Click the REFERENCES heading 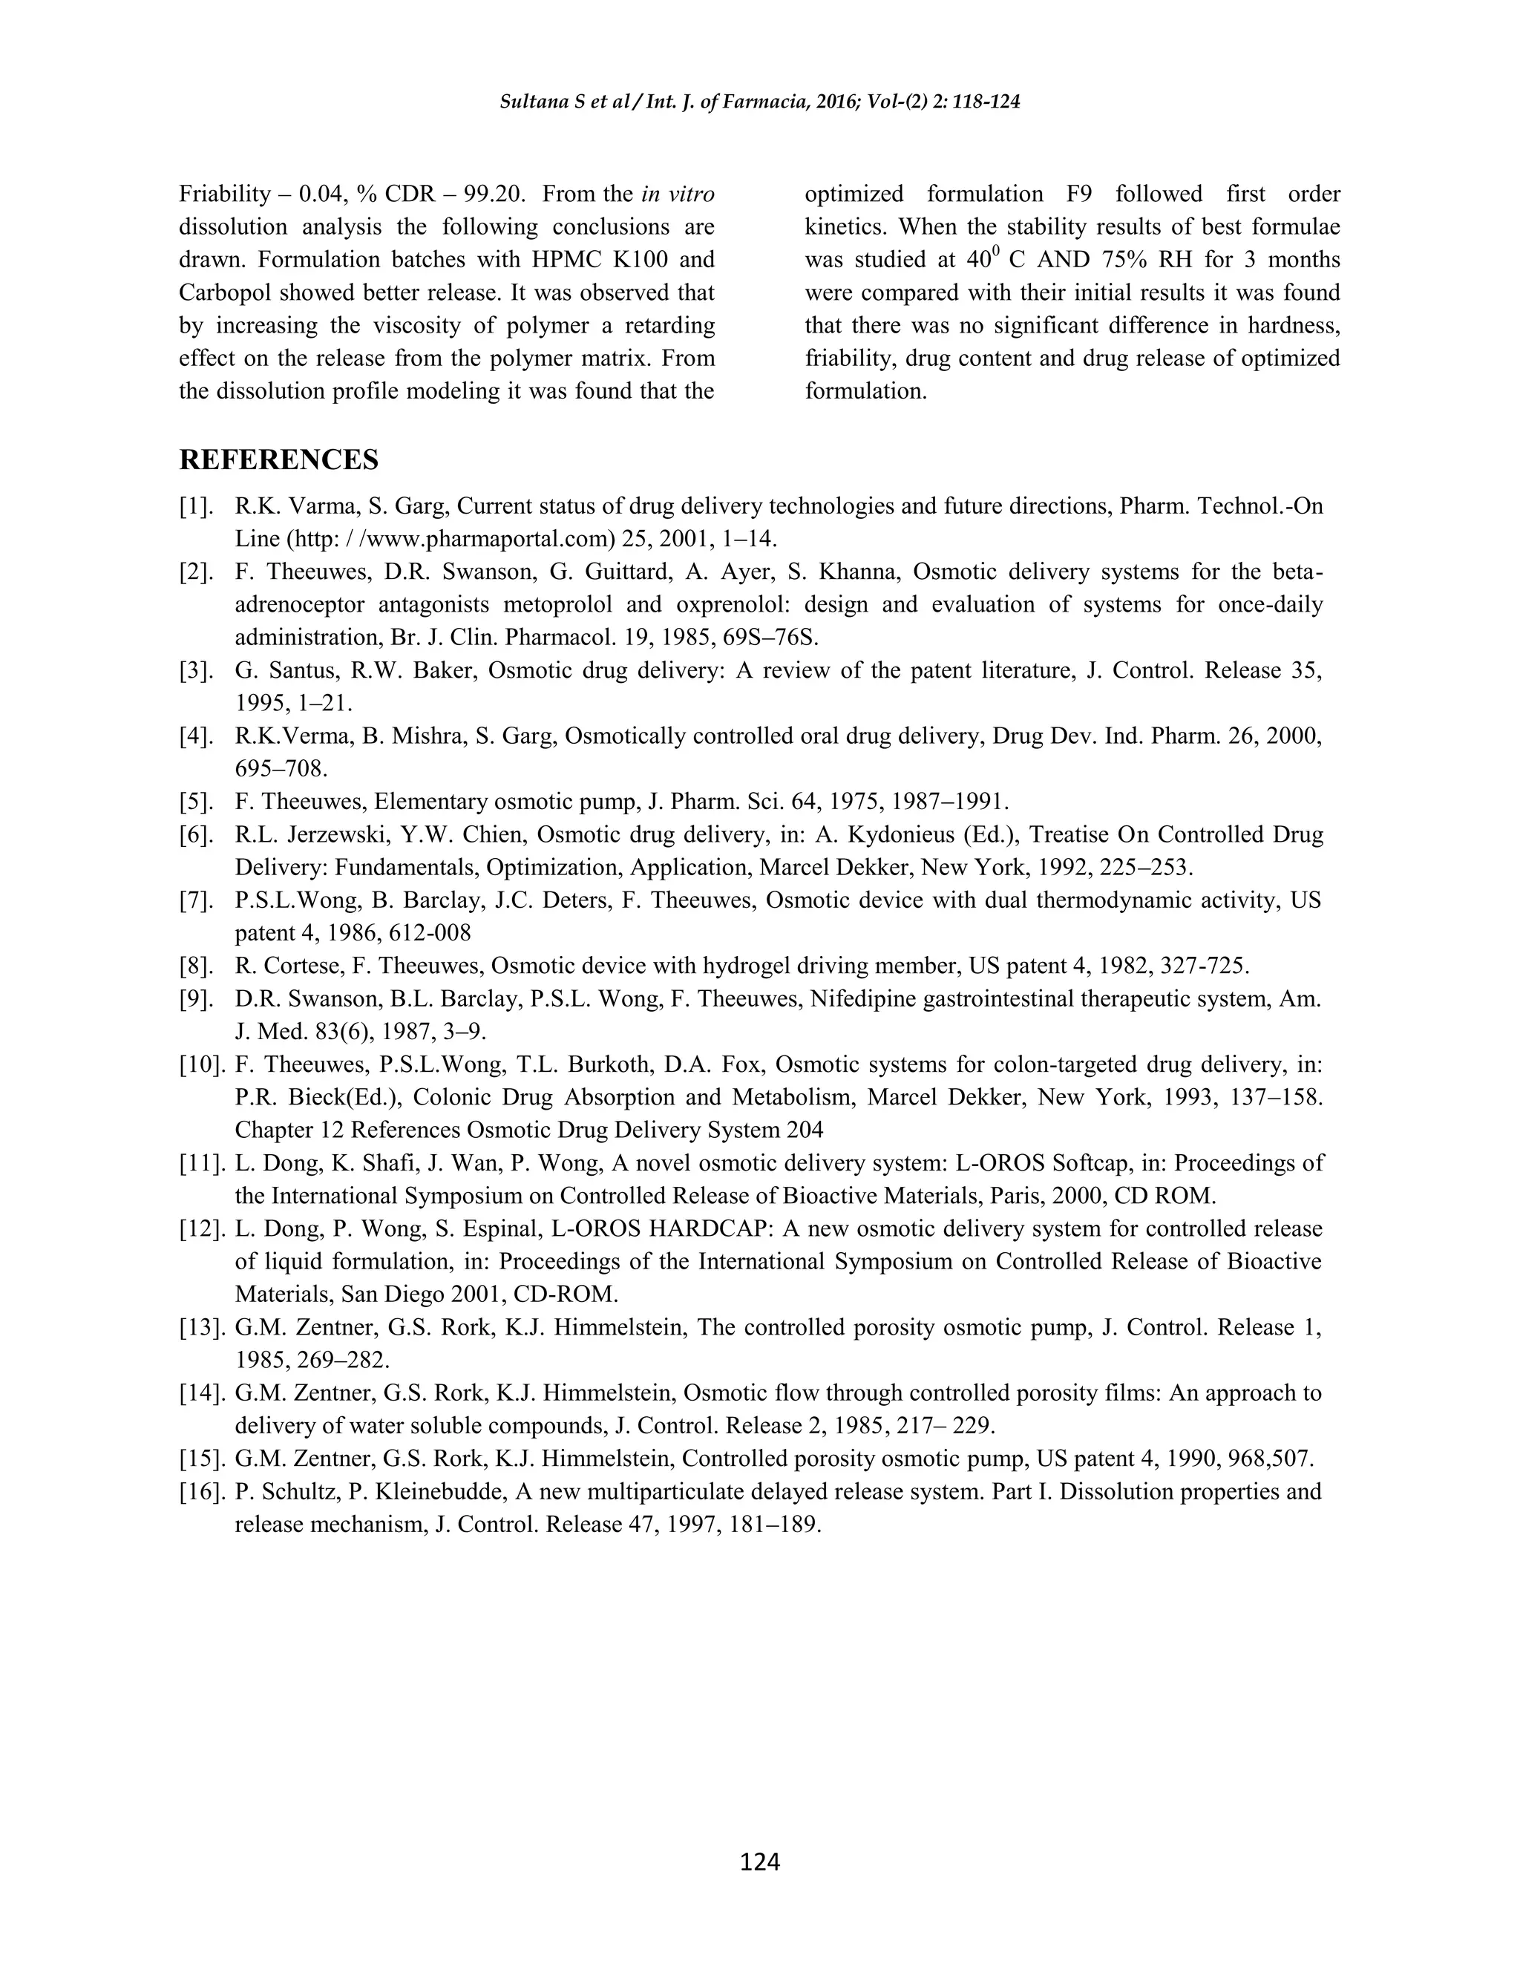point(278,460)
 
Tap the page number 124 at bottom point(759,1862)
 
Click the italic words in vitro point(678,194)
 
